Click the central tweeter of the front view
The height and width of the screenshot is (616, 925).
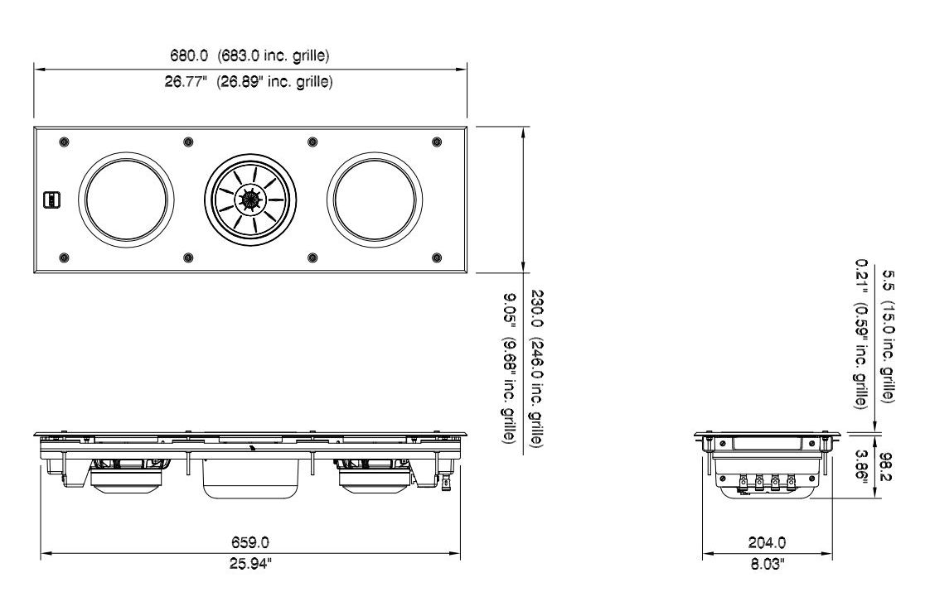click(x=249, y=200)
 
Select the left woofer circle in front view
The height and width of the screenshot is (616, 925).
click(x=128, y=200)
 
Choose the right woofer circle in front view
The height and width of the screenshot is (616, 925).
click(x=375, y=200)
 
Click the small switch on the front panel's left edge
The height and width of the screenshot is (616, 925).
click(x=51, y=200)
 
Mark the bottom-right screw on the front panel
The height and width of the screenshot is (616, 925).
click(x=437, y=257)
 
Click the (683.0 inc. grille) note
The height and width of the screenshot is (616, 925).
click(x=274, y=56)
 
